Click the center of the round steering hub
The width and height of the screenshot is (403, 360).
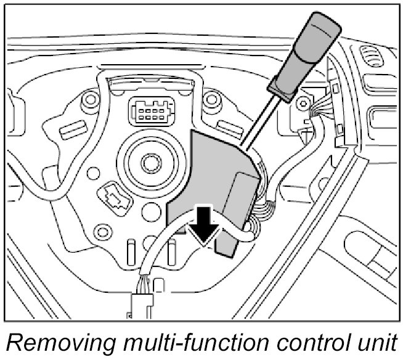pyautogui.click(x=150, y=163)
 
